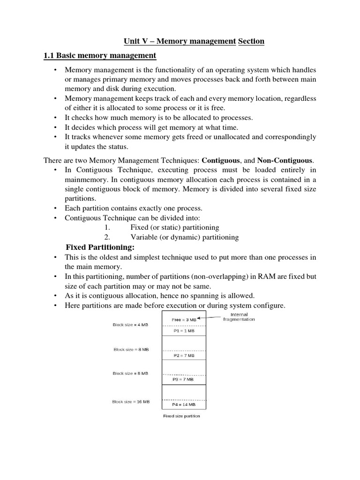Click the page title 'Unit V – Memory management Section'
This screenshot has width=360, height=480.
click(x=194, y=41)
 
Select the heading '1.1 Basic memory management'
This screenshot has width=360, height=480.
click(x=100, y=56)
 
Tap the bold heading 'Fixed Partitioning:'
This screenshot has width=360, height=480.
click(x=100, y=247)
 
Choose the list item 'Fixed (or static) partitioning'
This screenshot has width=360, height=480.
click(x=174, y=227)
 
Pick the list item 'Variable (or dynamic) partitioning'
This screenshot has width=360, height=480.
click(x=184, y=237)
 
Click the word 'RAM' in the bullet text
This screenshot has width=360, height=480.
click(x=266, y=277)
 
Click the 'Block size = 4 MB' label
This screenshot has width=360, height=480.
click(x=130, y=324)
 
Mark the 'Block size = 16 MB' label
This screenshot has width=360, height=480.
click(x=131, y=401)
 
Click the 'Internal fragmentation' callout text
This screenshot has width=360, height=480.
click(x=240, y=317)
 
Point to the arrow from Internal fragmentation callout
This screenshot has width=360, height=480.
click(x=207, y=318)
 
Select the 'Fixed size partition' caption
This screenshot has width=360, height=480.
click(x=181, y=416)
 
